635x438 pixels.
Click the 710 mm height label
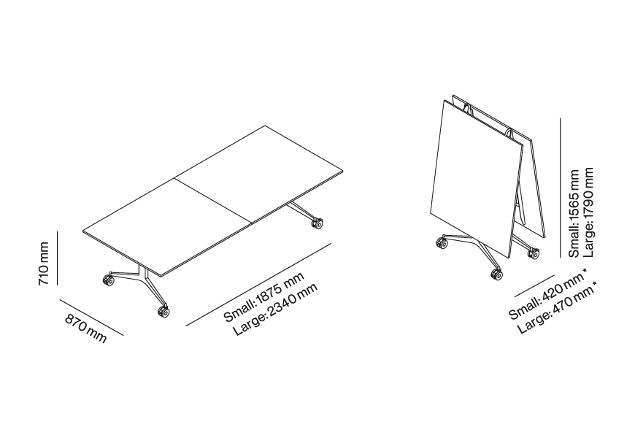[44, 264]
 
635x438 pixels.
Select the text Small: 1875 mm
[263, 297]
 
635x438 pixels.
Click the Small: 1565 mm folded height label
[574, 213]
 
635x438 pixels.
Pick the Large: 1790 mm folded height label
[588, 212]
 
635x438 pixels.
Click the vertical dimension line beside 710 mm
[58, 258]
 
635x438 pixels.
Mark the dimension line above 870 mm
[91, 318]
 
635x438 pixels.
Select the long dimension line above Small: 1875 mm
[258, 285]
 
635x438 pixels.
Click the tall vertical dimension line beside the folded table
[561, 188]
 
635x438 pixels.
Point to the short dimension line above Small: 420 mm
[534, 286]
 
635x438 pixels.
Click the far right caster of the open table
[317, 223]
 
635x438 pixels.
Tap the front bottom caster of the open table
[163, 311]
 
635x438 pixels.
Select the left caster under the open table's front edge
[108, 280]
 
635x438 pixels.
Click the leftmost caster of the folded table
[442, 243]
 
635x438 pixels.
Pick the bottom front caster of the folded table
[497, 274]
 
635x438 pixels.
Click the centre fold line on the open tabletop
[213, 201]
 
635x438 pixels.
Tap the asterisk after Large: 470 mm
[593, 285]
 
